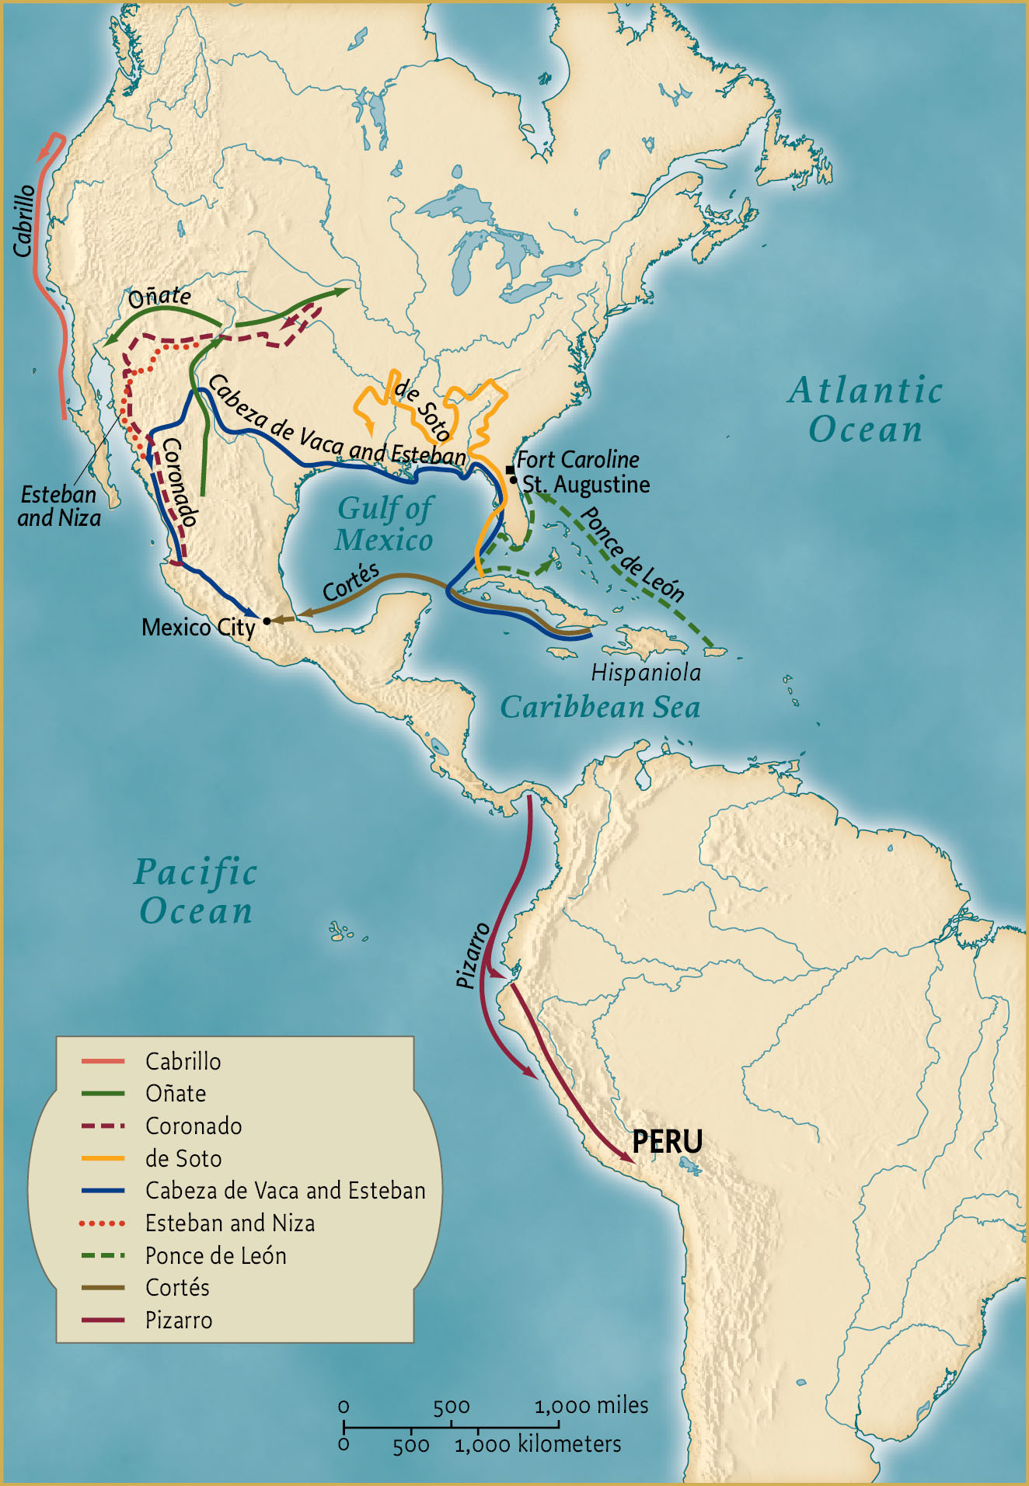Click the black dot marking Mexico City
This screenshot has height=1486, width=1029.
(x=267, y=621)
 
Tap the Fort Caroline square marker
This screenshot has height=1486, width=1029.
(x=510, y=470)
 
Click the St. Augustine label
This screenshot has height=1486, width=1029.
(x=586, y=485)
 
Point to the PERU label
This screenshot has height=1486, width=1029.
(x=667, y=1142)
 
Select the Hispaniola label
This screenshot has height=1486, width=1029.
(x=646, y=673)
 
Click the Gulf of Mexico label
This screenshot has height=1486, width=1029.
(x=384, y=524)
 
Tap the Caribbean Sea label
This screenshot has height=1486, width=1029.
(x=600, y=708)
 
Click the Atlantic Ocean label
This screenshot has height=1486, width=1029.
(x=866, y=409)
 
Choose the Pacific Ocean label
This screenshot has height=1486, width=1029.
(x=196, y=892)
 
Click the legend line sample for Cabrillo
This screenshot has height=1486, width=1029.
(x=103, y=1061)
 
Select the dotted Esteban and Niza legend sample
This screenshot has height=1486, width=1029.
(x=103, y=1223)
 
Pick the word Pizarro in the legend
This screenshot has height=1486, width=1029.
(x=179, y=1321)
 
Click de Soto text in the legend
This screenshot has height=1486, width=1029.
(x=183, y=1159)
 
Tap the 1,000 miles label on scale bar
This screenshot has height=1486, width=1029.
(x=591, y=1405)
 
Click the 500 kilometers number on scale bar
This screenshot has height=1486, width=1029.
(x=411, y=1446)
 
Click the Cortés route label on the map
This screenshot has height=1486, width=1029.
(x=351, y=583)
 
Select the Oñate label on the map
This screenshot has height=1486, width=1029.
(x=159, y=296)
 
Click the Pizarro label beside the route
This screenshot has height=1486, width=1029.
(x=472, y=955)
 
